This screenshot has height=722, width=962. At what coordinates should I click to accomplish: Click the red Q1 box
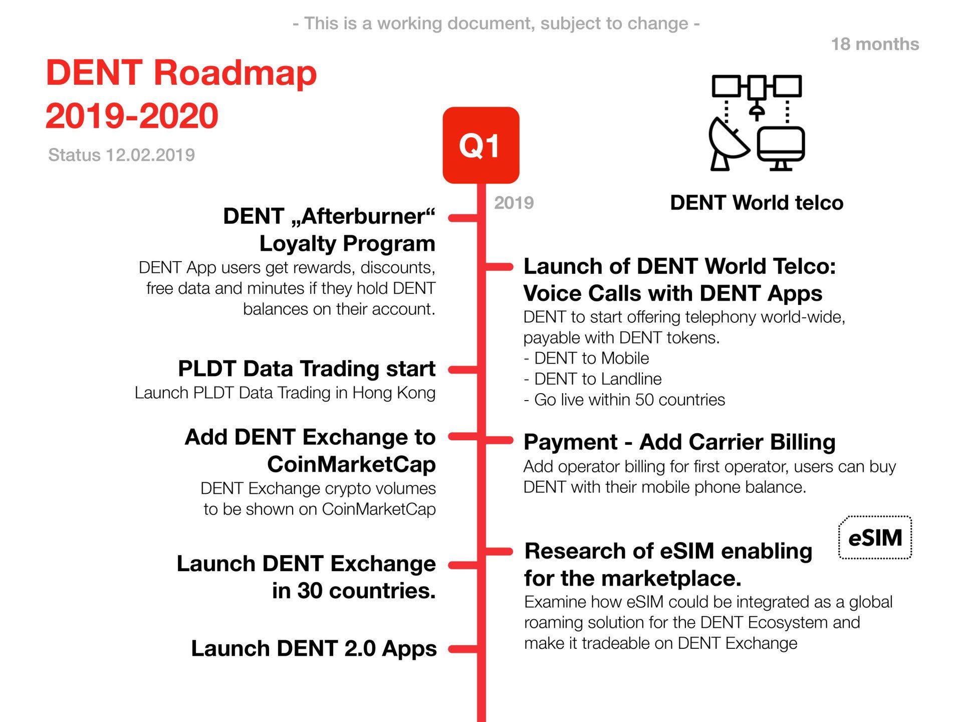pyautogui.click(x=481, y=145)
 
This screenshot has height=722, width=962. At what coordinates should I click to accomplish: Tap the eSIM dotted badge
pyautogui.click(x=875, y=537)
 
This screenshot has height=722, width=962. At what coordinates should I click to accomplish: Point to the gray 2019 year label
pyautogui.click(x=514, y=203)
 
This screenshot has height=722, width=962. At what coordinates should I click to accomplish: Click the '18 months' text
pyautogui.click(x=875, y=44)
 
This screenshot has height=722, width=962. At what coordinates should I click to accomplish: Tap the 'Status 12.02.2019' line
pyautogui.click(x=121, y=155)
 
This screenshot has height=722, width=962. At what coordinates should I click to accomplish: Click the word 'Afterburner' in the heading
pyautogui.click(x=362, y=217)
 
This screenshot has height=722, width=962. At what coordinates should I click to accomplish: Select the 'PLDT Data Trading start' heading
pyautogui.click(x=307, y=369)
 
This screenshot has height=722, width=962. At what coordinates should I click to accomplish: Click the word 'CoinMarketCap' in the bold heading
pyautogui.click(x=351, y=464)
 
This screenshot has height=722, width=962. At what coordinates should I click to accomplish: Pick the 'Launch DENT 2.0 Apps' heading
pyautogui.click(x=314, y=648)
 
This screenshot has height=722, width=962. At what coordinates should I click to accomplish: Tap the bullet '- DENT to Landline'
pyautogui.click(x=593, y=379)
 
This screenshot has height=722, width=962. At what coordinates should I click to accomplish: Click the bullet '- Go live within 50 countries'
pyautogui.click(x=624, y=400)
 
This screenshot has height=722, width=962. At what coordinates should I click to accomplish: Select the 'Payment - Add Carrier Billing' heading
pyautogui.click(x=679, y=442)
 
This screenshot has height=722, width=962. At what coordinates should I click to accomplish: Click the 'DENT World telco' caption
pyautogui.click(x=757, y=203)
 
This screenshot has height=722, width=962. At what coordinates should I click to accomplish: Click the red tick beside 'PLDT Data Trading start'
pyautogui.click(x=463, y=370)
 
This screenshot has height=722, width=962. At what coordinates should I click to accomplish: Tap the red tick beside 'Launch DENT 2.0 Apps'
pyautogui.click(x=463, y=649)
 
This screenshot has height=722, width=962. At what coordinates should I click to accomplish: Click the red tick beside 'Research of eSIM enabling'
pyautogui.click(x=499, y=552)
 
